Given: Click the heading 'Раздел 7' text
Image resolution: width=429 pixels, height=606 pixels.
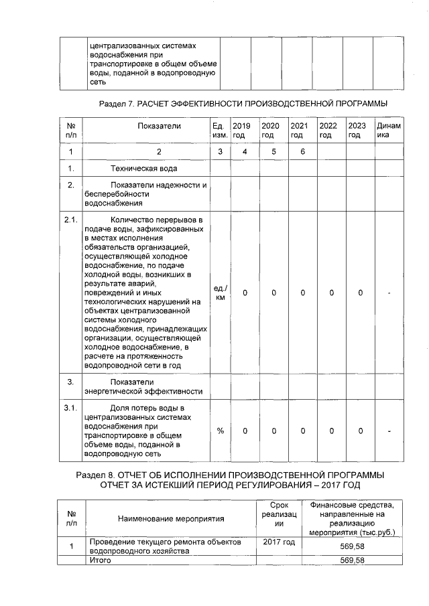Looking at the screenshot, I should pos(243,104).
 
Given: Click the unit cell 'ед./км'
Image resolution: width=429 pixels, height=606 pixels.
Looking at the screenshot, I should pos(219,293).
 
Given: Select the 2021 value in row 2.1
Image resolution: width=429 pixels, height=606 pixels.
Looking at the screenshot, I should pos(303,293).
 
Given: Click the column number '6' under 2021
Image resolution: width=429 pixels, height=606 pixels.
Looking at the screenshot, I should pos(303,152).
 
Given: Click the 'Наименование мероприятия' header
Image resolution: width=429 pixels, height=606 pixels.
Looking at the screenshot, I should pos(171,518).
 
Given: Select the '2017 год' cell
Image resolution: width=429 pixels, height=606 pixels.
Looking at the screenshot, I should pos(280,542).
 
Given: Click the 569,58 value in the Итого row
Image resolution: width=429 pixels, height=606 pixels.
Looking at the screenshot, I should pos(352,560).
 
